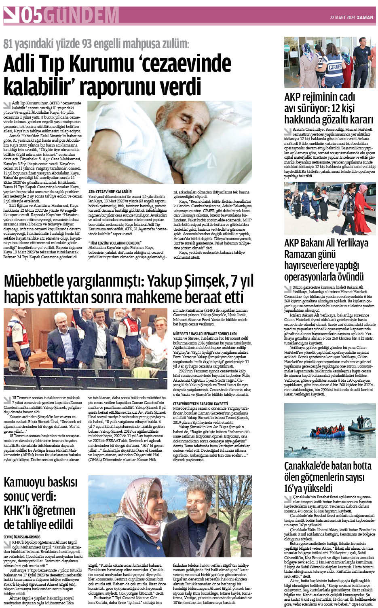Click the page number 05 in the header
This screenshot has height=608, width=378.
coord(31,16)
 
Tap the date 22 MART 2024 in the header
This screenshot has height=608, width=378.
coord(342,17)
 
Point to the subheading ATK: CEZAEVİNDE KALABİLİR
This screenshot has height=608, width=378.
coord(110,191)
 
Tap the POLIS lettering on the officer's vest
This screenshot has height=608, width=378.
coord(335,67)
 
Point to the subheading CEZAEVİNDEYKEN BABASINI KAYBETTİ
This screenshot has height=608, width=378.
coord(201,404)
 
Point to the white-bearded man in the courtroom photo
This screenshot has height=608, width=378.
coord(63,324)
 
